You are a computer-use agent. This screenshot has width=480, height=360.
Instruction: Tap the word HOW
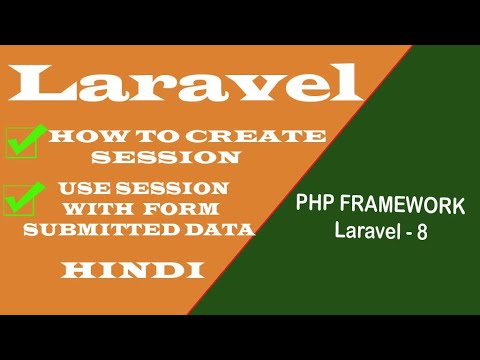pyautogui.click(x=77, y=137)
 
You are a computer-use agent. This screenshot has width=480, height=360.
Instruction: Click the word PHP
pyautogui.click(x=314, y=206)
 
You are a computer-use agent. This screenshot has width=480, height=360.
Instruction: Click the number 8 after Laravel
pyautogui.click(x=423, y=230)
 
